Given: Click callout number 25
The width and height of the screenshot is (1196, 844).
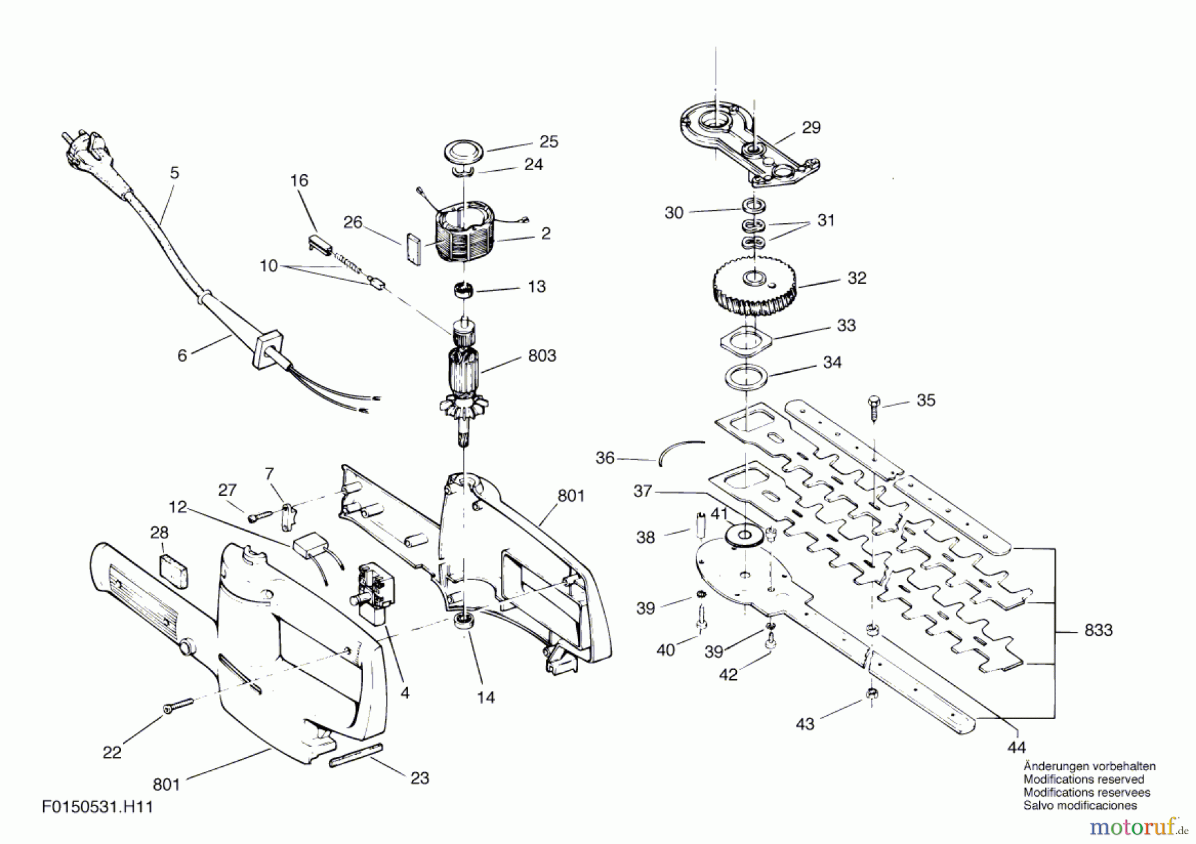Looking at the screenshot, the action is [549, 142].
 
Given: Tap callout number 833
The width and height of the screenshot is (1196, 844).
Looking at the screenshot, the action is [1098, 629].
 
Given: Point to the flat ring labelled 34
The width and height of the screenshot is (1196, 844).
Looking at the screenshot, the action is [746, 377].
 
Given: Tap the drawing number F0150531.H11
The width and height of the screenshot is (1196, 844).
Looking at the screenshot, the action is [98, 807].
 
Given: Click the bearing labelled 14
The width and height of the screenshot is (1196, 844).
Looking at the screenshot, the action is [463, 622].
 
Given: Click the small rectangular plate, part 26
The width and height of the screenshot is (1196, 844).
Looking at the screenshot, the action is [412, 249].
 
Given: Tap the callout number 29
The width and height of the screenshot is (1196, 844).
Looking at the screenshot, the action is [811, 127].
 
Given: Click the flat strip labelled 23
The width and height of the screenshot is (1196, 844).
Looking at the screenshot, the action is [356, 756].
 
